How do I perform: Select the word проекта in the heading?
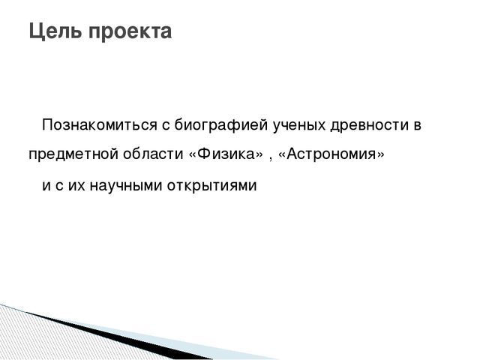130,32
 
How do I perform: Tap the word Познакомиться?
99,125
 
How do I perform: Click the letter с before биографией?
165,126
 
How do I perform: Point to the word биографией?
221,125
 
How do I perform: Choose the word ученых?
298,126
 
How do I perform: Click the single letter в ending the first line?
418,126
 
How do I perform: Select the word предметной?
73,154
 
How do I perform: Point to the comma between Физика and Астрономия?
270,159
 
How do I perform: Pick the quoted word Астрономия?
331,154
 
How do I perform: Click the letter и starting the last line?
46,185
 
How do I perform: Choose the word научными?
126,185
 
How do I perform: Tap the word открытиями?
211,186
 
